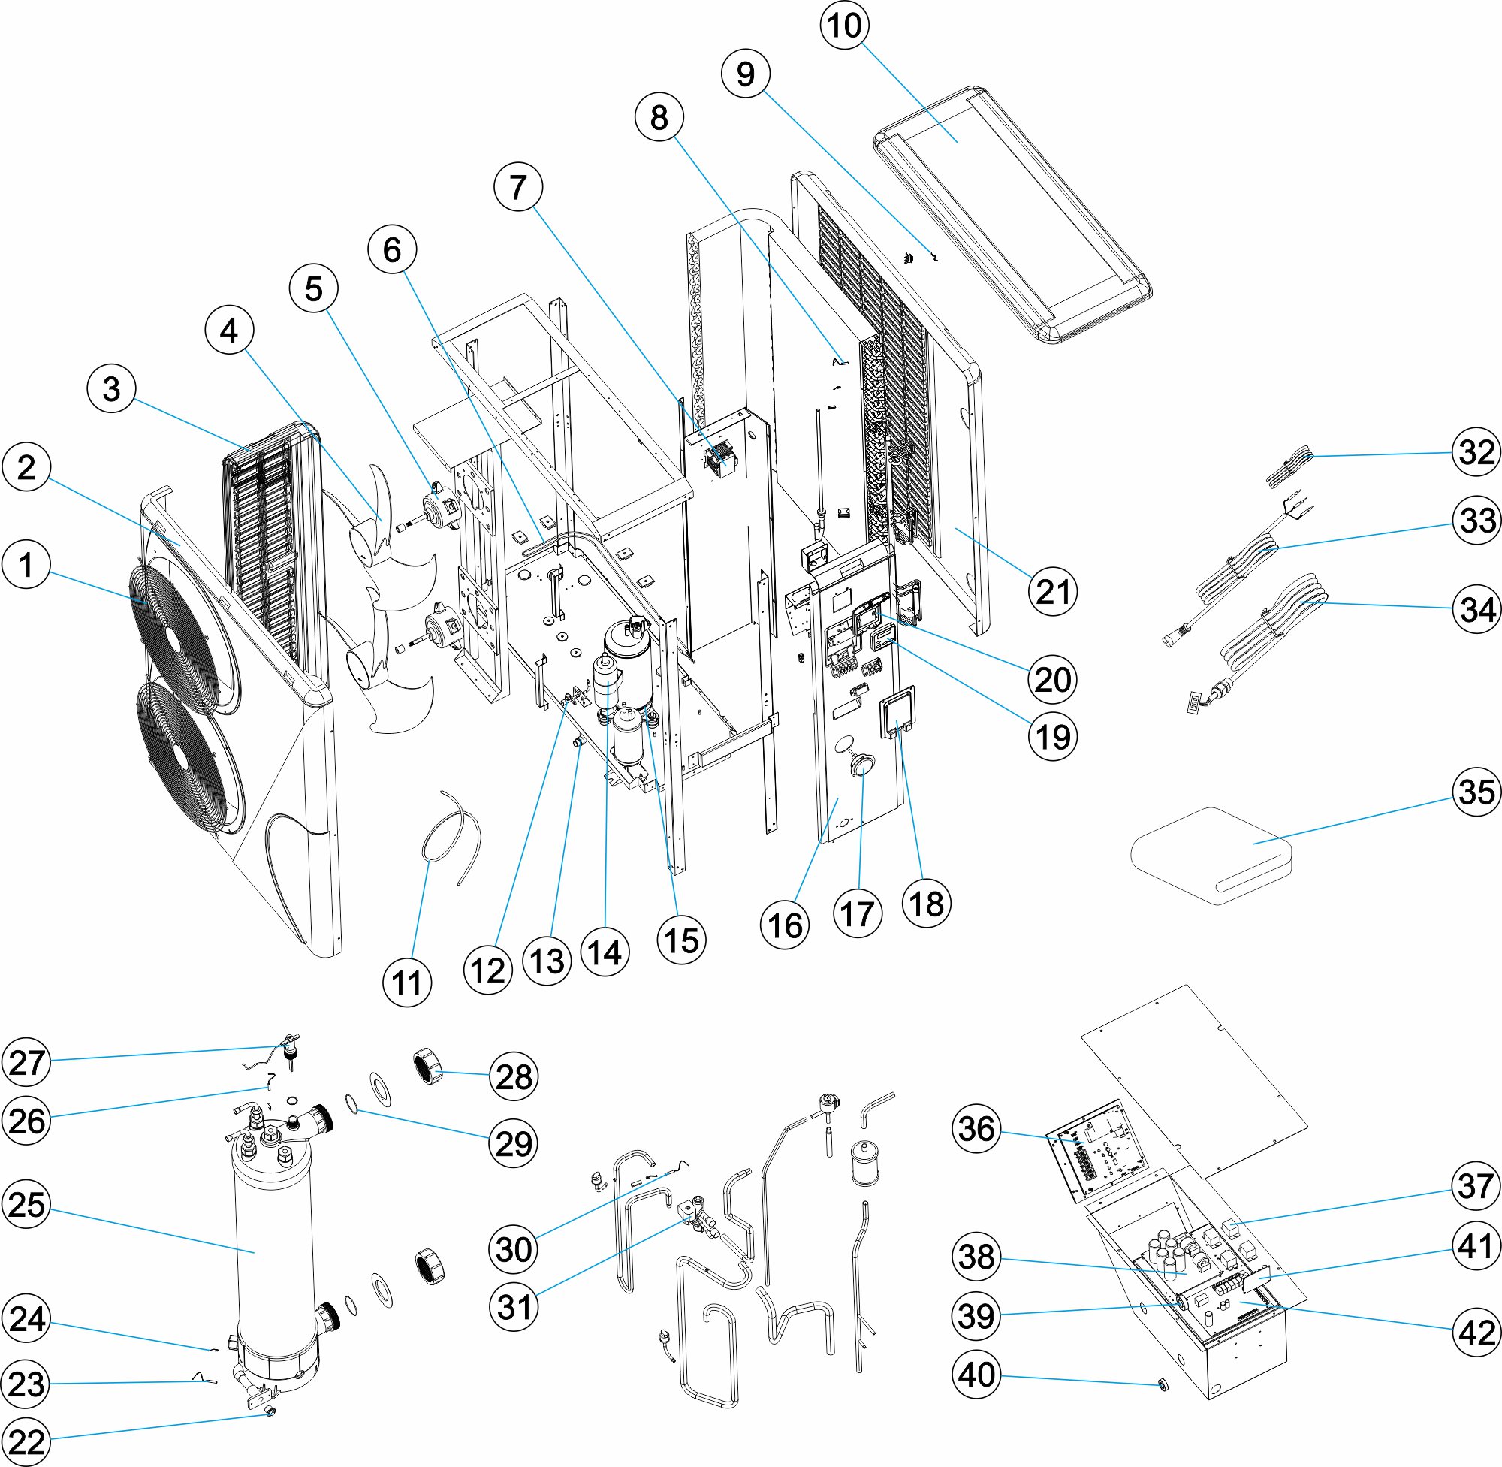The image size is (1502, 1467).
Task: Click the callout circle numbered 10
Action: click(x=845, y=26)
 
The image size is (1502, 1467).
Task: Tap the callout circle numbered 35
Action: click(x=1476, y=791)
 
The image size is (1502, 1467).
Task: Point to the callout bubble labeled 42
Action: click(x=1476, y=1332)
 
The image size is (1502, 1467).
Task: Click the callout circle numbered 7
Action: click(x=517, y=187)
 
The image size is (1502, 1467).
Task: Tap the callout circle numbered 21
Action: click(x=1053, y=592)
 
